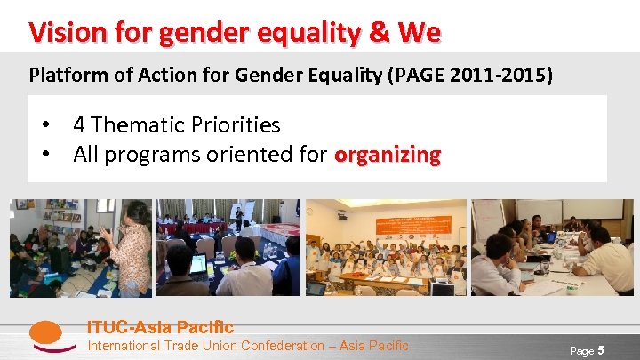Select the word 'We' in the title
(x=420, y=34)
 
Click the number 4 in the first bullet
(x=79, y=125)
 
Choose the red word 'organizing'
(x=387, y=155)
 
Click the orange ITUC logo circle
(x=45, y=335)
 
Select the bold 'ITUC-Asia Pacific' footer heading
(x=160, y=327)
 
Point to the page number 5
(x=602, y=350)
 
